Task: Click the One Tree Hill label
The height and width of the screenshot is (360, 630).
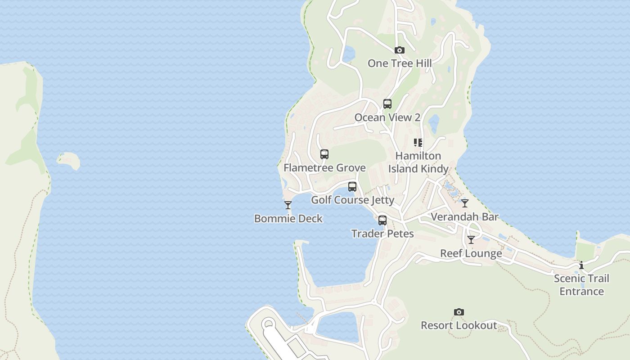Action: pos(400,63)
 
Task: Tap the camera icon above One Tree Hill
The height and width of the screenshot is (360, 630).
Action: pos(400,50)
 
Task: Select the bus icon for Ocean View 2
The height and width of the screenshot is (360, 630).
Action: pos(387,104)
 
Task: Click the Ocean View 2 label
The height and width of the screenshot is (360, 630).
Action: pos(387,117)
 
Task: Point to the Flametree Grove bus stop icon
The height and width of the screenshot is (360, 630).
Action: pos(324,154)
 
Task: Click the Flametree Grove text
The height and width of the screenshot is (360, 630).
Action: pos(324,168)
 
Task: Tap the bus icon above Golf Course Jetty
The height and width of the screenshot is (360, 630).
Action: pos(352,186)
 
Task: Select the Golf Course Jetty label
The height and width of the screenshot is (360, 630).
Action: pos(353,200)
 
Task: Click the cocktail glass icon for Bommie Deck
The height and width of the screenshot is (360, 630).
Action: pos(288,205)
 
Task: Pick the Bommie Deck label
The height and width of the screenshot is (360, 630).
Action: pos(288,219)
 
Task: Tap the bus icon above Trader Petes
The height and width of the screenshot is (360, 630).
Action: pos(382,220)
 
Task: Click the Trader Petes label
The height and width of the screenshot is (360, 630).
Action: pos(382,234)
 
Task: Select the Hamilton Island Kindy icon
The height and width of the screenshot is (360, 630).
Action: pos(418,143)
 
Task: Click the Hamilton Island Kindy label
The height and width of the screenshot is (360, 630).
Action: pos(418,162)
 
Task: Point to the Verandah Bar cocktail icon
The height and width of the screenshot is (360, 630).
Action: pos(465,203)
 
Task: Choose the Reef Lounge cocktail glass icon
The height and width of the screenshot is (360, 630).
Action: pos(471,240)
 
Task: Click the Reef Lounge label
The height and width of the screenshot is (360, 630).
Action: pos(471,253)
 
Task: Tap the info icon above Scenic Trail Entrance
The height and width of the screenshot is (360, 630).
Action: pos(581,265)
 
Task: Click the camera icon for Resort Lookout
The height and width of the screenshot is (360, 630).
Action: pos(459,312)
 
